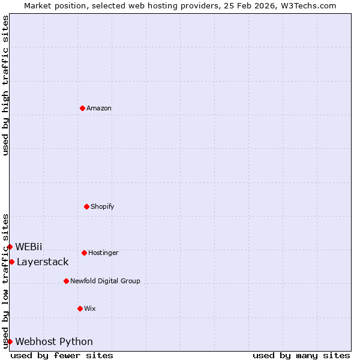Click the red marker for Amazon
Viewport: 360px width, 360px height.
click(82, 108)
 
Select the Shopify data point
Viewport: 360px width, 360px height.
click(86, 206)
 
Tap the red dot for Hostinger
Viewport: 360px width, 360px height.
click(84, 253)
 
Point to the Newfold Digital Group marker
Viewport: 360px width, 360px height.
click(66, 281)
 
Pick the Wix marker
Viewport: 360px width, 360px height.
click(80, 308)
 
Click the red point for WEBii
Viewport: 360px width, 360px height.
click(10, 247)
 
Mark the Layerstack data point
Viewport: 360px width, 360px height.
click(11, 262)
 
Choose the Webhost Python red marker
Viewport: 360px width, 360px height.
click(10, 341)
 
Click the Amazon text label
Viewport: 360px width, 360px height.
click(99, 109)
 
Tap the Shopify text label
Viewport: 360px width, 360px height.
click(103, 207)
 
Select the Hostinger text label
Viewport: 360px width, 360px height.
click(103, 253)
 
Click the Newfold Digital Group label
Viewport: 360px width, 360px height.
click(105, 281)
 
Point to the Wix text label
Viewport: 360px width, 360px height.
click(90, 309)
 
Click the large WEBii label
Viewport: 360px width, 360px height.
click(29, 247)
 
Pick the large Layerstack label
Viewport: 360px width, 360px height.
click(43, 262)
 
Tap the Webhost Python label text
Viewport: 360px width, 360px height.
click(54, 342)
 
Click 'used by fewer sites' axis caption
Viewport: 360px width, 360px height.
click(62, 355)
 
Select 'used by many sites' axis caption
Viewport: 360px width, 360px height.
click(301, 355)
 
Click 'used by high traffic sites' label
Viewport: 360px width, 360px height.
click(5, 85)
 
